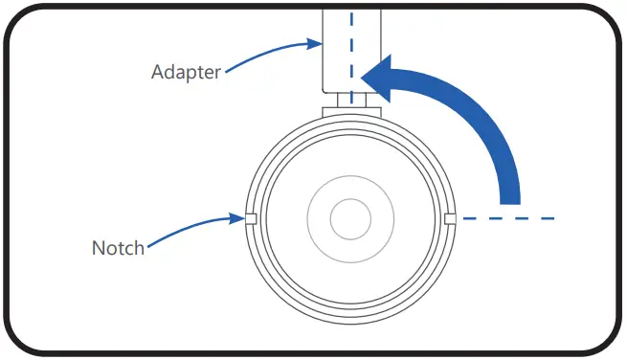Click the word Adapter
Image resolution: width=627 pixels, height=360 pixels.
pos(186,72)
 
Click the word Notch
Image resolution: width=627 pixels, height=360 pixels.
pos(118,248)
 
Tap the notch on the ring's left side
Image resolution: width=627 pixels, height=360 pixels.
pos(251,219)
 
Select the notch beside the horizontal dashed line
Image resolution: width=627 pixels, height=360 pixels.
pos(450,219)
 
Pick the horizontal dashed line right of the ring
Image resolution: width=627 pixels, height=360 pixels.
pos(507,219)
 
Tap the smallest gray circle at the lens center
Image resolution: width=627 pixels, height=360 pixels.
pos(350,219)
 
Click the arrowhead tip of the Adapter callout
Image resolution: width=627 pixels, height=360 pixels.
pos(319,42)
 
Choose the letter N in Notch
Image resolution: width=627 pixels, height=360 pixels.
pos(99,248)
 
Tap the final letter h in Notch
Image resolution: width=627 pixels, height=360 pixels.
pos(139,248)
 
